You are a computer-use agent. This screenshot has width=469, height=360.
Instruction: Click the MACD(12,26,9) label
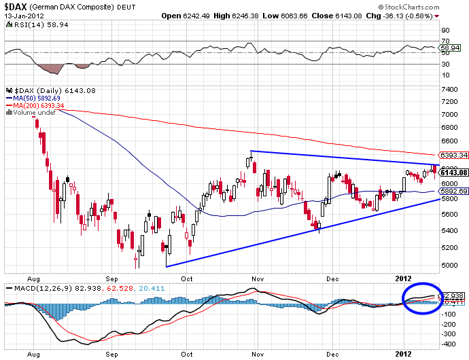[39, 288]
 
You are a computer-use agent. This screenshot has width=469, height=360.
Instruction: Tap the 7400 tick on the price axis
[449, 89]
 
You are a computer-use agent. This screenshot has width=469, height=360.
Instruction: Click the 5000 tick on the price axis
[449, 265]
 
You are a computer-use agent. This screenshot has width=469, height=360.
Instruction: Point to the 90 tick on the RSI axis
[445, 31]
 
